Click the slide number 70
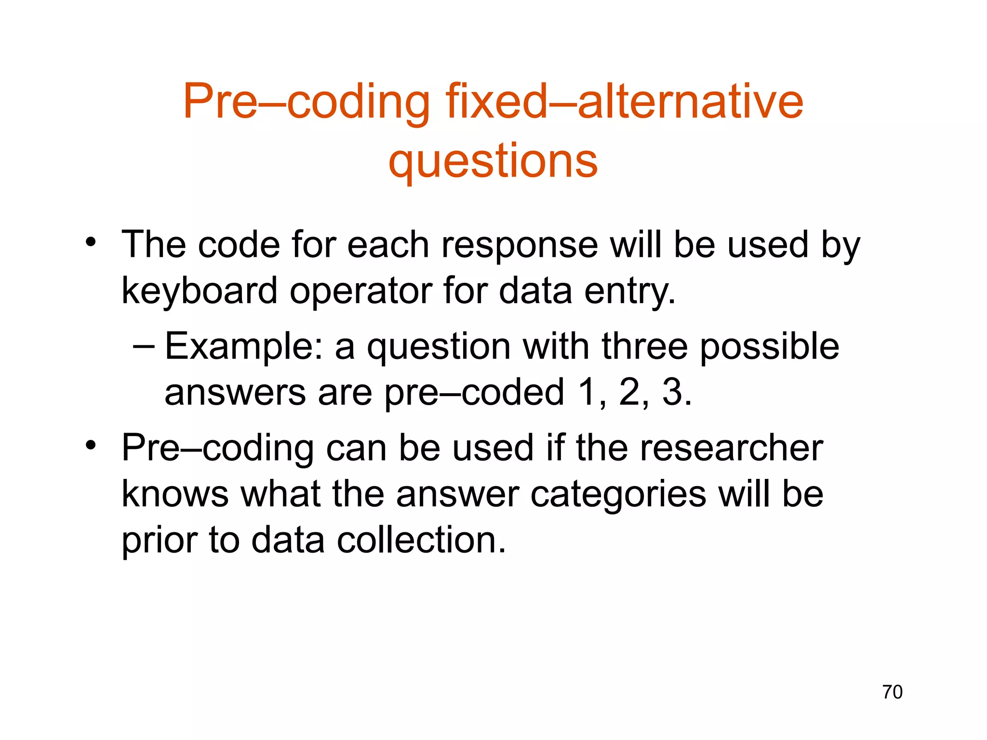click(x=892, y=692)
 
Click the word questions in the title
click(x=493, y=161)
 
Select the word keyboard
click(x=200, y=291)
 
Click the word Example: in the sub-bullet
click(x=244, y=347)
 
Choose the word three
click(x=645, y=346)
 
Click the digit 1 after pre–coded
click(x=587, y=392)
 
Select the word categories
click(x=618, y=495)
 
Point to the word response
click(x=519, y=245)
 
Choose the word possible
click(x=769, y=346)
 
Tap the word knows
click(x=175, y=494)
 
